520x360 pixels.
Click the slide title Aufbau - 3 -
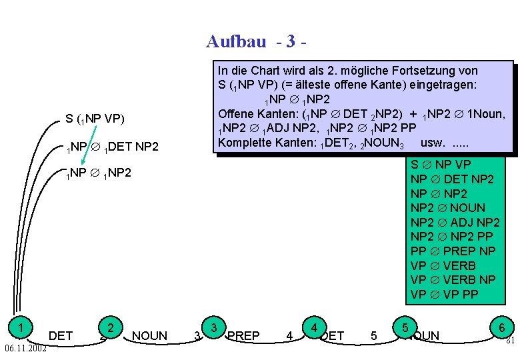point(257,42)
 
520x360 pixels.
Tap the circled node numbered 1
point(23,327)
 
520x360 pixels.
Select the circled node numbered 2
point(113,327)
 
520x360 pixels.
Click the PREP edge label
point(243,335)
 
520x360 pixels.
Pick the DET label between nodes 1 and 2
point(61,335)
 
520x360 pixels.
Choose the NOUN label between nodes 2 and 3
point(150,335)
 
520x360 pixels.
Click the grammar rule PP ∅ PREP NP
point(453,251)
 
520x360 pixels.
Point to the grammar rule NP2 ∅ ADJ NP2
point(455,222)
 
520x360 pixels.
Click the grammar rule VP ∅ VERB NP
point(453,280)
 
